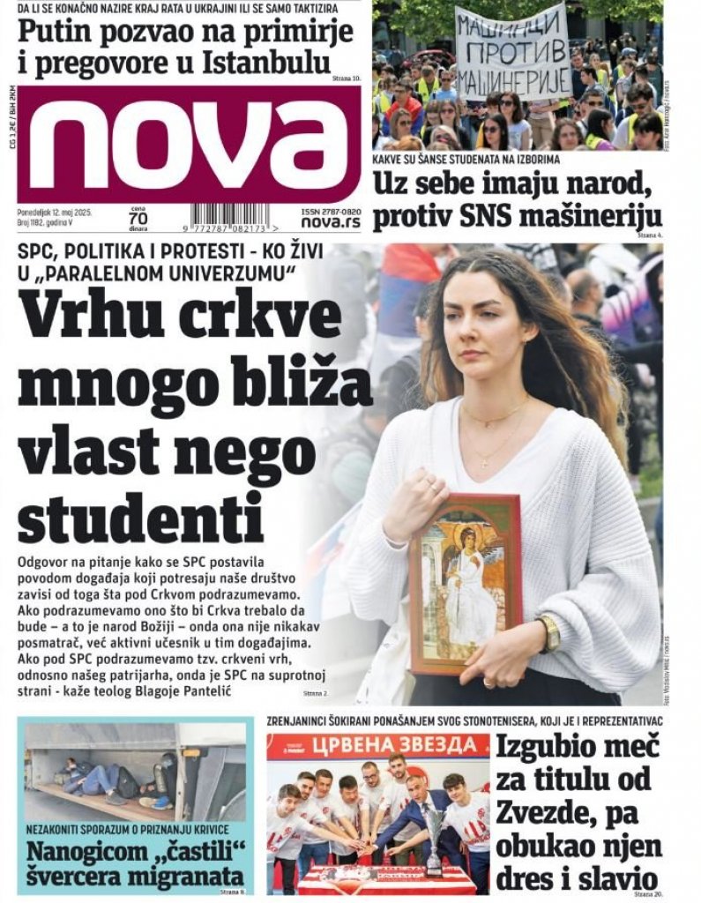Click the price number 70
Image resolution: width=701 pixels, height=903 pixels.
point(138,220)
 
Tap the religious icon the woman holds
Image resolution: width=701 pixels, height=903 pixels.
point(465,583)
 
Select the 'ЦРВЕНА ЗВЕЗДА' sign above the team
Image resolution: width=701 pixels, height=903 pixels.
point(377,746)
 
